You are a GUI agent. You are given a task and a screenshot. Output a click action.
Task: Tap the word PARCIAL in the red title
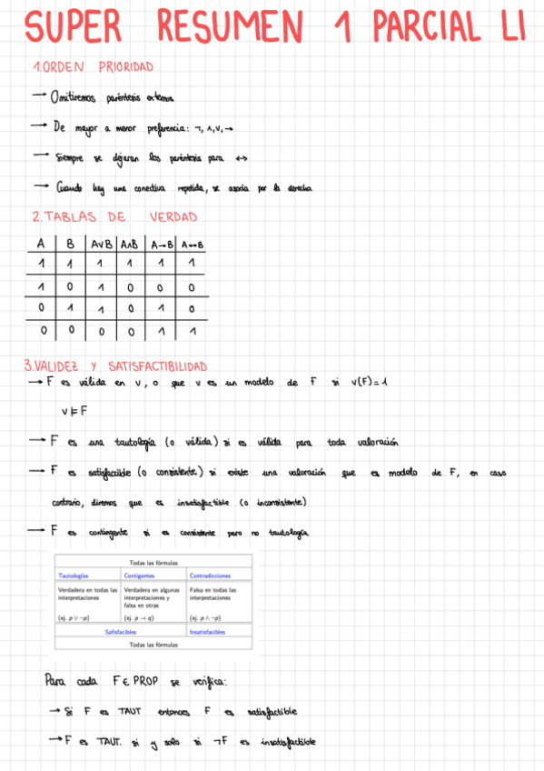(x=423, y=27)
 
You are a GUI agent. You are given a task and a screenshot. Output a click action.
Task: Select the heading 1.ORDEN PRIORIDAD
(x=92, y=67)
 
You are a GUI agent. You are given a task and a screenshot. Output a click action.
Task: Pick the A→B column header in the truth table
(x=161, y=244)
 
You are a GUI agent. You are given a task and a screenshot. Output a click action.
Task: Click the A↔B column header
(x=192, y=244)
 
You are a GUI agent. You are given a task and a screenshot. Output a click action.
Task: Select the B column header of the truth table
(x=69, y=244)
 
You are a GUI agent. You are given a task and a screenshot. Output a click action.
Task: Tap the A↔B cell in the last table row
(x=192, y=331)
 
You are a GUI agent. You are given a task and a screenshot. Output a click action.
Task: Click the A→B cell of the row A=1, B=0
(x=161, y=287)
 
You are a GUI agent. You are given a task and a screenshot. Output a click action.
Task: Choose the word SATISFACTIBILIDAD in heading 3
(x=156, y=365)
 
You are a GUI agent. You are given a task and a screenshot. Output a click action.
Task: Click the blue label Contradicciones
(x=210, y=576)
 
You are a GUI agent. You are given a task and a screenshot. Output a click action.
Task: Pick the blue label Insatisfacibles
(x=208, y=631)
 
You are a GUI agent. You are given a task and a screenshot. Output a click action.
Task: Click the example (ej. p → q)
(x=139, y=618)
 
